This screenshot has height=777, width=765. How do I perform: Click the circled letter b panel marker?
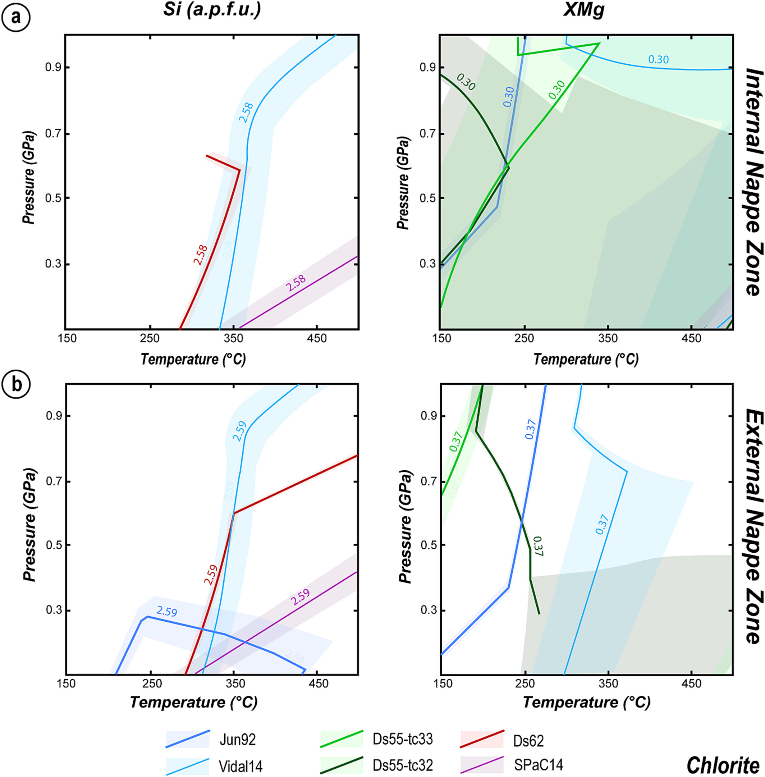[16, 384]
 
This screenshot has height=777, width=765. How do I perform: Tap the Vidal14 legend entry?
[240, 766]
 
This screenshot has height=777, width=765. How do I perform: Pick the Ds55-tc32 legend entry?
[402, 765]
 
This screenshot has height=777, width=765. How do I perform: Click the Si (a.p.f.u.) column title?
[212, 10]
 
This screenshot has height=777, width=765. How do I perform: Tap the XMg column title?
[583, 10]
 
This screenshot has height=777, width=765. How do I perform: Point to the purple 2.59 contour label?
[300, 597]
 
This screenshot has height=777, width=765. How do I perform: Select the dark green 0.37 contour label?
[537, 547]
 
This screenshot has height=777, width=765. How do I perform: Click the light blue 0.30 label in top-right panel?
[659, 59]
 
